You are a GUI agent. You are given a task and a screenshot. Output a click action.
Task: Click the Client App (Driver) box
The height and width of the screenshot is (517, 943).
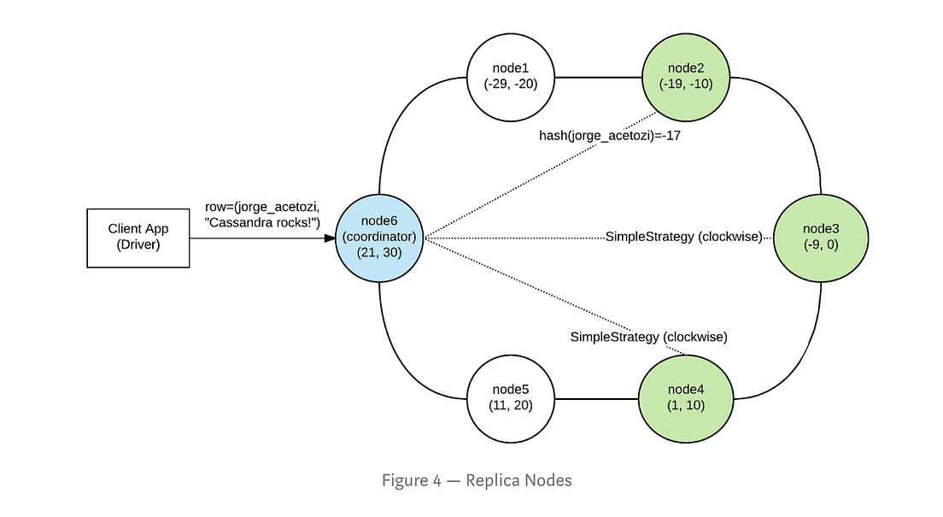coord(138,237)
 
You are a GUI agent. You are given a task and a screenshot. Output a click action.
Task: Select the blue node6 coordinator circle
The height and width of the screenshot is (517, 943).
coord(379,237)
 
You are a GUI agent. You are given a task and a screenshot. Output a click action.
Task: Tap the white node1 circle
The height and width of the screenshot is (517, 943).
coord(511,77)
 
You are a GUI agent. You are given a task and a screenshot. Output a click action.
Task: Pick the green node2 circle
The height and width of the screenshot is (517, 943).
coord(685,77)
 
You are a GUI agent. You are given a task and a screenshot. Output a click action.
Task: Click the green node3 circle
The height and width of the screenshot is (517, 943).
coord(821,237)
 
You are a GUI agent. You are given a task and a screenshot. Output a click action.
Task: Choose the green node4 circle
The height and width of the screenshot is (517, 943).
coord(685,397)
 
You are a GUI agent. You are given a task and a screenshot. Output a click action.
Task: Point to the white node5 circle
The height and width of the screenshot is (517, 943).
coord(511,397)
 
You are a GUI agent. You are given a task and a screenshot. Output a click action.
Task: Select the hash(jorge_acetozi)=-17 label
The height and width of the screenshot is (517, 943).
coord(609,136)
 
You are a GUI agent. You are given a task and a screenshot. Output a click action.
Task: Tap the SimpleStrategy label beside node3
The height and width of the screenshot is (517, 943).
coord(683,237)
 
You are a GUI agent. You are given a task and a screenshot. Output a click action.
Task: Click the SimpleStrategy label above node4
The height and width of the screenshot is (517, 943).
coord(648,337)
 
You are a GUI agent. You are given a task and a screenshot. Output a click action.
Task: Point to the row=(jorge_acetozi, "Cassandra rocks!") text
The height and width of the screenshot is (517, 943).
coord(262,215)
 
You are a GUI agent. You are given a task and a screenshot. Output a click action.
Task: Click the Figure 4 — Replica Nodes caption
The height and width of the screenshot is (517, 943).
coord(477,480)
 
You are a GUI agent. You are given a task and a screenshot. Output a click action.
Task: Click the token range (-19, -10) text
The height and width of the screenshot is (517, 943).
coord(685,84)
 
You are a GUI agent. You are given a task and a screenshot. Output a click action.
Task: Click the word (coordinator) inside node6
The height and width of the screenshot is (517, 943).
coord(379,237)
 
